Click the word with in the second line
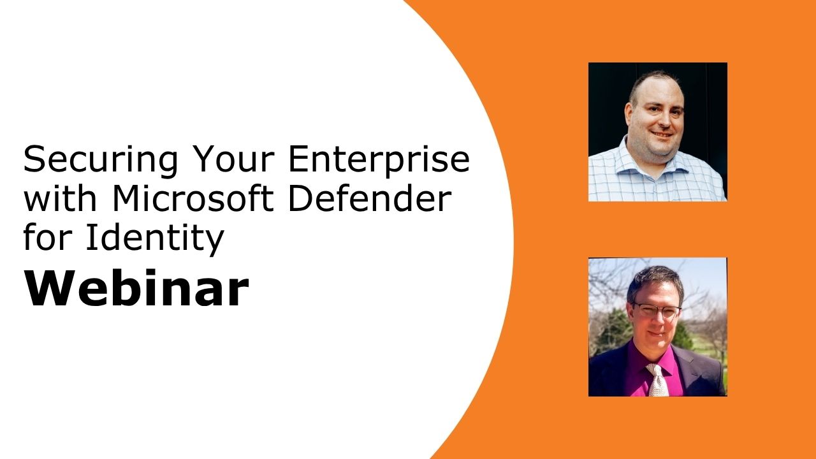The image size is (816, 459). [x=61, y=198]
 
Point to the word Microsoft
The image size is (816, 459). [x=194, y=198]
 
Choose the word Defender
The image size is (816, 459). [x=370, y=198]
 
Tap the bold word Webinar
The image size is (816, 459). [x=136, y=289]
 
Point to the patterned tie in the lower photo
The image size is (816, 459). [x=657, y=379]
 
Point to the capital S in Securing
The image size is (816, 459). [x=34, y=159]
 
